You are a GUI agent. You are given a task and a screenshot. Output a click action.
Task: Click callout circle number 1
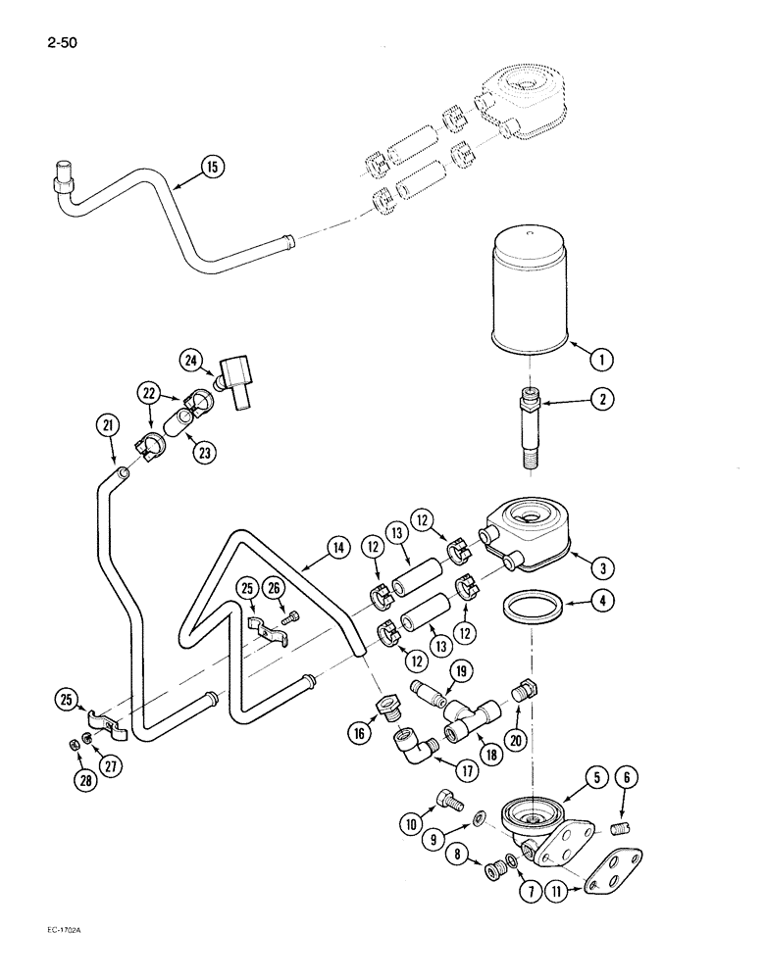(x=602, y=360)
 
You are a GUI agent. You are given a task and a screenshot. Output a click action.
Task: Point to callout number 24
(x=190, y=360)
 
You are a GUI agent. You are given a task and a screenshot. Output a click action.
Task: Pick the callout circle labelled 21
(x=108, y=426)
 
